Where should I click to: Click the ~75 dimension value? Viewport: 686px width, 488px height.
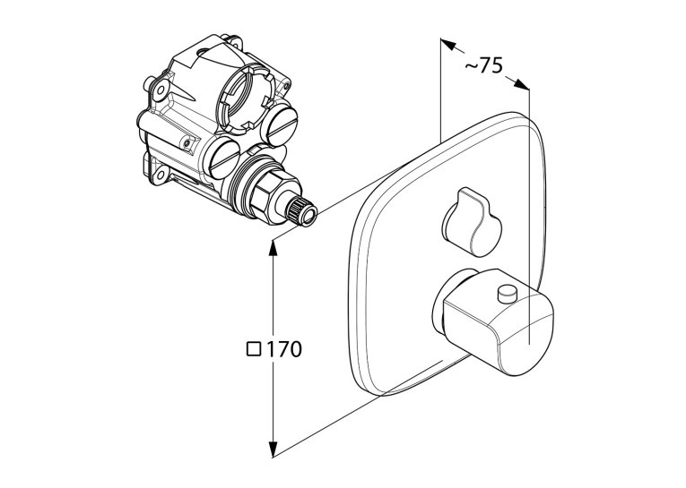(x=484, y=65)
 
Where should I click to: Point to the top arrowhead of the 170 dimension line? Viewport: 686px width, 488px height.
(x=273, y=250)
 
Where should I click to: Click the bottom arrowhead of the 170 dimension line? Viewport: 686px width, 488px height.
(x=274, y=449)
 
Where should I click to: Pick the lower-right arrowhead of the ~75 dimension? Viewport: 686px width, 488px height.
(x=521, y=84)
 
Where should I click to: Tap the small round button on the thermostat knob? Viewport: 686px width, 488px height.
(x=508, y=293)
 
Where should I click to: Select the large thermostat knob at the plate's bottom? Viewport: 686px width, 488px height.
(x=497, y=321)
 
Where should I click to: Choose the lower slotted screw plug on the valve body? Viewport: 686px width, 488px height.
(x=223, y=158)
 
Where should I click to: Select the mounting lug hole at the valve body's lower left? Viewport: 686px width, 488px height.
(x=161, y=176)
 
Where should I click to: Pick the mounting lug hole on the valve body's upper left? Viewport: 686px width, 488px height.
(x=161, y=90)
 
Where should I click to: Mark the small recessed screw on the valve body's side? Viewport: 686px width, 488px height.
(x=187, y=143)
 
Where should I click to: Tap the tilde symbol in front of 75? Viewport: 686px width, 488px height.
(x=470, y=65)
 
